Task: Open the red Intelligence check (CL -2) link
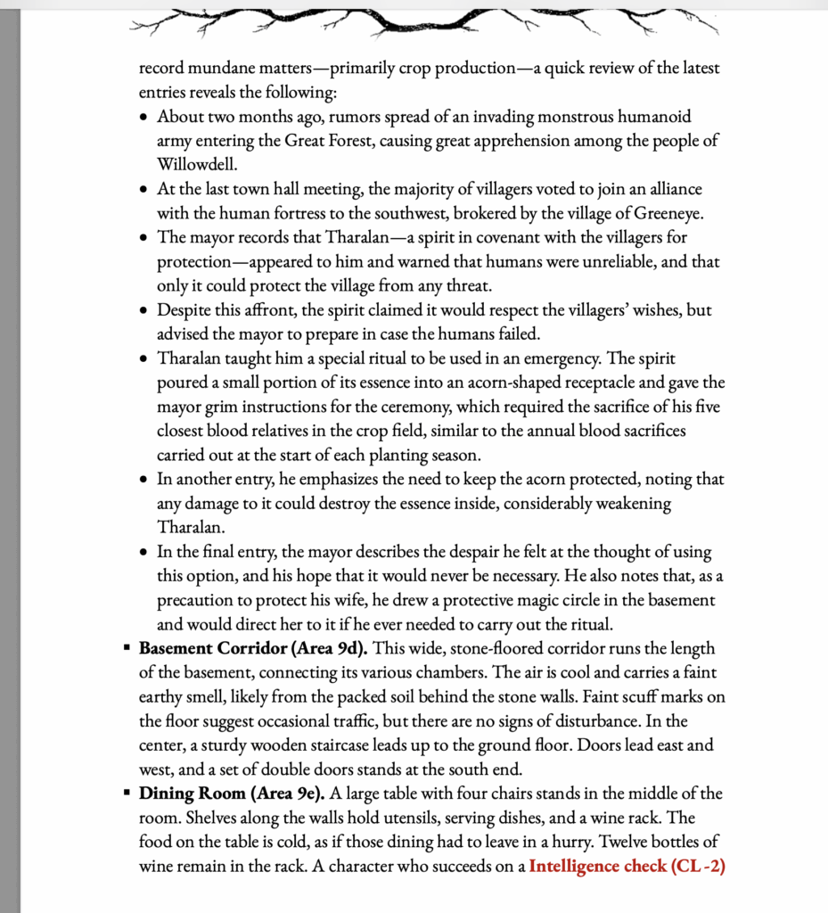[x=627, y=865]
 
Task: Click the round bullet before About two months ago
[x=145, y=118]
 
